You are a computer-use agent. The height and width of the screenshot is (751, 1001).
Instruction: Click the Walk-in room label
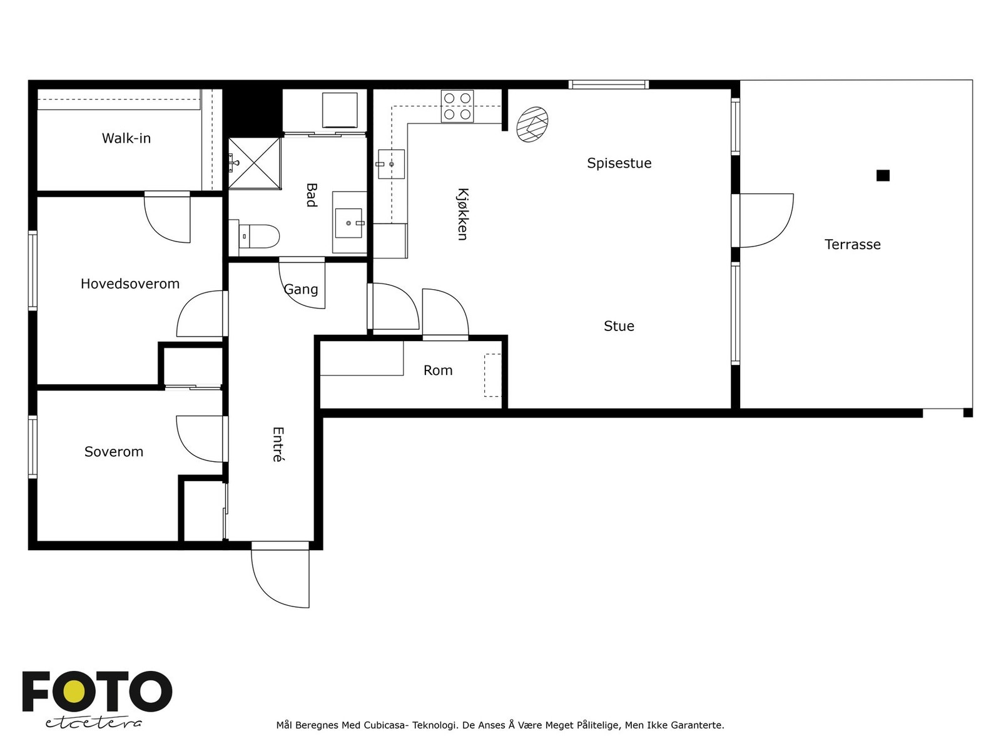point(126,138)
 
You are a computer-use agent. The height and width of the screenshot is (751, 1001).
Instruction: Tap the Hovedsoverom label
point(130,284)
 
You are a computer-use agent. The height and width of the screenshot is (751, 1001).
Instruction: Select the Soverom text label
point(114,451)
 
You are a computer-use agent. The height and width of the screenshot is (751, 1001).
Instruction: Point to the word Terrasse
point(852,245)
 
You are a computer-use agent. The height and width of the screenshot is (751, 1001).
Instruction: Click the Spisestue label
point(619,163)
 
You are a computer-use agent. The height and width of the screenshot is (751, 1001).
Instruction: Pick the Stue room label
point(619,325)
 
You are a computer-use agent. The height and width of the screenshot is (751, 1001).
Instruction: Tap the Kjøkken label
point(462,214)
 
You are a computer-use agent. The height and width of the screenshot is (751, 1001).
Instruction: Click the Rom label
point(438,370)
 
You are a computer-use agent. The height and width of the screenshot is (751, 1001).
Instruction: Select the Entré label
point(278,444)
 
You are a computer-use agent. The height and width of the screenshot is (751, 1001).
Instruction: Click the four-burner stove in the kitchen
point(457,106)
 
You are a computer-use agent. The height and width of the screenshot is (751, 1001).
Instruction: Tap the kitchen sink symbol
point(391,164)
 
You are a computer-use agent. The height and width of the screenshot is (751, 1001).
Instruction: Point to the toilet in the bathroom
point(258,236)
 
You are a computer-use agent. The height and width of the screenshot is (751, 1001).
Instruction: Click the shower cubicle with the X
point(255,163)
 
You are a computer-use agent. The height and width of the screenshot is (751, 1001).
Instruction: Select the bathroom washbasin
point(349,223)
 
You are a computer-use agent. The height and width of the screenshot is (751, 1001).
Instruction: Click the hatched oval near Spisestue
point(532,125)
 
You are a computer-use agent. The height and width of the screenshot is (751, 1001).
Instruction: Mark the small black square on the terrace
point(883,176)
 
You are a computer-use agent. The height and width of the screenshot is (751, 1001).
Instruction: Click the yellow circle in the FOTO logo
point(74,692)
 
